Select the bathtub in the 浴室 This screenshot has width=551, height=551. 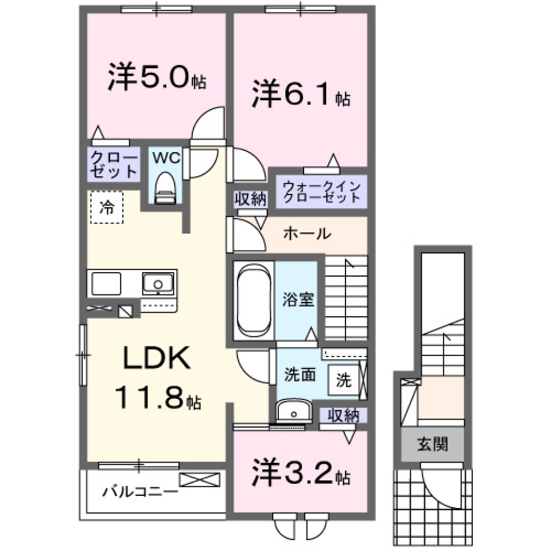pyautogui.click(x=253, y=299)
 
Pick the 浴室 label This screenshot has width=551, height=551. pyautogui.click(x=298, y=299)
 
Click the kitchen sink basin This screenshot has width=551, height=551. pyautogui.click(x=158, y=284)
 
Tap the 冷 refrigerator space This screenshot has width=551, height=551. pyautogui.click(x=106, y=207)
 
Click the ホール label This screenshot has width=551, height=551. pyautogui.click(x=306, y=234)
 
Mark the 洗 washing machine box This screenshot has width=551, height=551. pyautogui.click(x=343, y=380)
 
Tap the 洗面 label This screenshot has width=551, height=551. pyautogui.click(x=300, y=374)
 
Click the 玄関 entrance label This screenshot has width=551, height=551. pyautogui.click(x=432, y=444)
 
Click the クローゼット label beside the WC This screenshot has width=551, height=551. pyautogui.click(x=114, y=164)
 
